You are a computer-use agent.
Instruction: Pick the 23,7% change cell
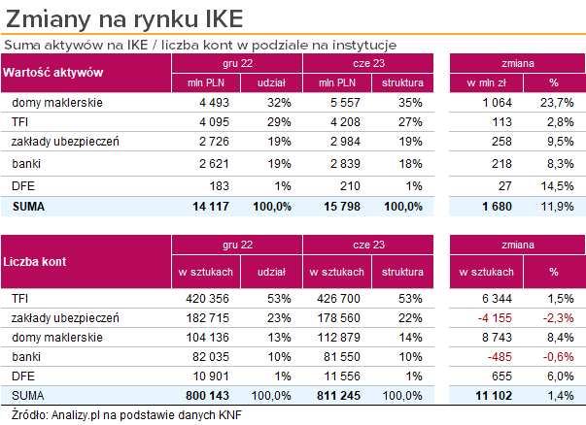point(555,102)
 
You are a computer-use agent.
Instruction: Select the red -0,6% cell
point(555,355)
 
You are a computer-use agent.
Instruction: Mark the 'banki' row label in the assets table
point(26,163)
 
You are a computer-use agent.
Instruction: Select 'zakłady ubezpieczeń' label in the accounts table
point(65,316)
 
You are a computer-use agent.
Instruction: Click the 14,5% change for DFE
point(555,184)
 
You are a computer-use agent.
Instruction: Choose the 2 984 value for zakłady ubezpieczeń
point(345,142)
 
